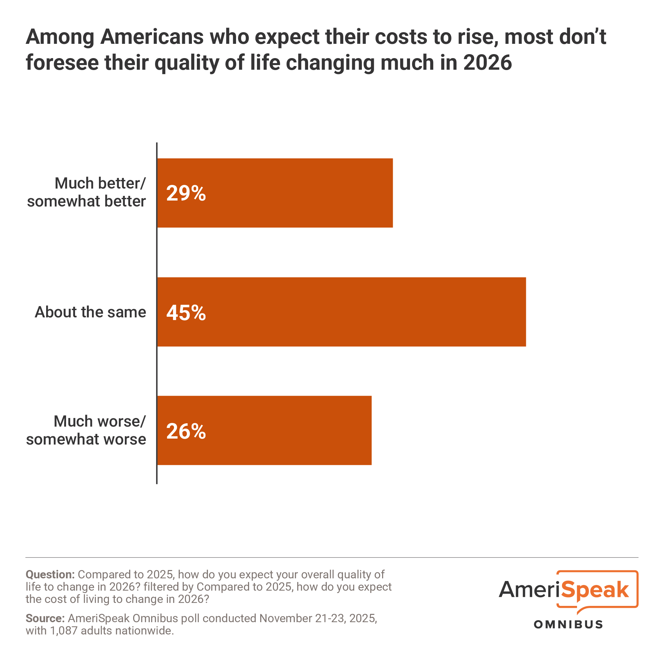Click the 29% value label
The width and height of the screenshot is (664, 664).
[186, 193]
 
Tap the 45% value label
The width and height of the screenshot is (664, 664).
[186, 313]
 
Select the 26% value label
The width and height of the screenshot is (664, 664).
[186, 431]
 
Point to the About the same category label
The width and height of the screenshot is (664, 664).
[90, 312]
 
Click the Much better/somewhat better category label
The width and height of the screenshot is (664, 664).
[87, 193]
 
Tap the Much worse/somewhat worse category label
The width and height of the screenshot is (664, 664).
[86, 430]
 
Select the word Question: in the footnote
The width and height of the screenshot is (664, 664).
[50, 575]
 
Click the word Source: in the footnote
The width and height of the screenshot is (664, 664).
[45, 618]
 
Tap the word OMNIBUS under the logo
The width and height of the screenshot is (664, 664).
[568, 624]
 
